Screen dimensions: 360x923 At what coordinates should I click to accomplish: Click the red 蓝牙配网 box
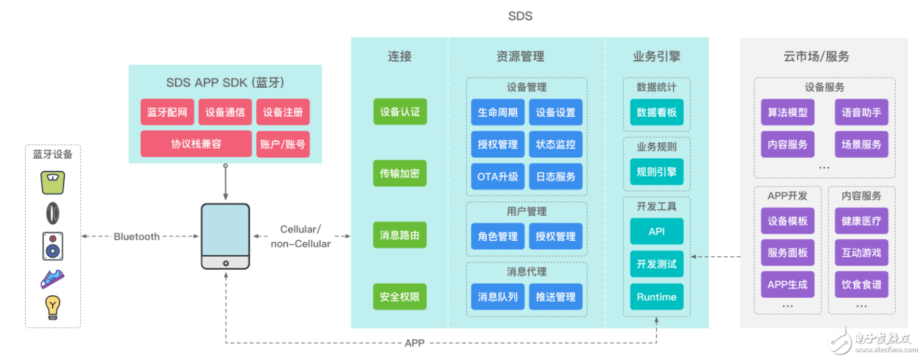tap(167, 112)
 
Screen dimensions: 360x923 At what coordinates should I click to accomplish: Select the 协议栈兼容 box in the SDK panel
tap(196, 144)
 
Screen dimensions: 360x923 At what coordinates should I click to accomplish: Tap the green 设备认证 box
tap(400, 112)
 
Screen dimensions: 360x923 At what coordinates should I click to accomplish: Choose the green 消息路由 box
tap(400, 236)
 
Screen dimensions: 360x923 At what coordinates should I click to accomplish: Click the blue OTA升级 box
tap(498, 176)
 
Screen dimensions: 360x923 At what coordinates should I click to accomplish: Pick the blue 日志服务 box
tap(555, 176)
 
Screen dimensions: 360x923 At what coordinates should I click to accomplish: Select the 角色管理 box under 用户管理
tap(498, 236)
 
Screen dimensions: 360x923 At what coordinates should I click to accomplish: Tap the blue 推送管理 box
tap(555, 297)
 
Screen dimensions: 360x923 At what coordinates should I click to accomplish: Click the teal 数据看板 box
tap(657, 112)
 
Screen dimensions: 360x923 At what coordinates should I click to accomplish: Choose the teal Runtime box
tap(657, 297)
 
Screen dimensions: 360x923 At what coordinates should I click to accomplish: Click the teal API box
tap(657, 231)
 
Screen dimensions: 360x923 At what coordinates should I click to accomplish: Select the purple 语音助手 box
tap(862, 112)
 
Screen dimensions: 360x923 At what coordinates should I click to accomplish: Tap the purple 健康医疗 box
tap(862, 221)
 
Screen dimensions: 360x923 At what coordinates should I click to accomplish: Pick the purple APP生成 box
tap(788, 284)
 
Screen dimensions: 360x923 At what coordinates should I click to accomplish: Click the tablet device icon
tap(225, 236)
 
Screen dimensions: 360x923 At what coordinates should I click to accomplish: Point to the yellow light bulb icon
tap(53, 307)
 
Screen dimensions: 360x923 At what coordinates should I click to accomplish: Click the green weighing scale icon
tap(53, 182)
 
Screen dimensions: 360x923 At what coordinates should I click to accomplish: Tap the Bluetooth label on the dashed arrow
tap(136, 236)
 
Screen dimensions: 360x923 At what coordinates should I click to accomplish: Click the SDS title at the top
tap(519, 16)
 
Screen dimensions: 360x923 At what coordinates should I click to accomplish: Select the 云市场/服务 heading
tap(816, 56)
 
